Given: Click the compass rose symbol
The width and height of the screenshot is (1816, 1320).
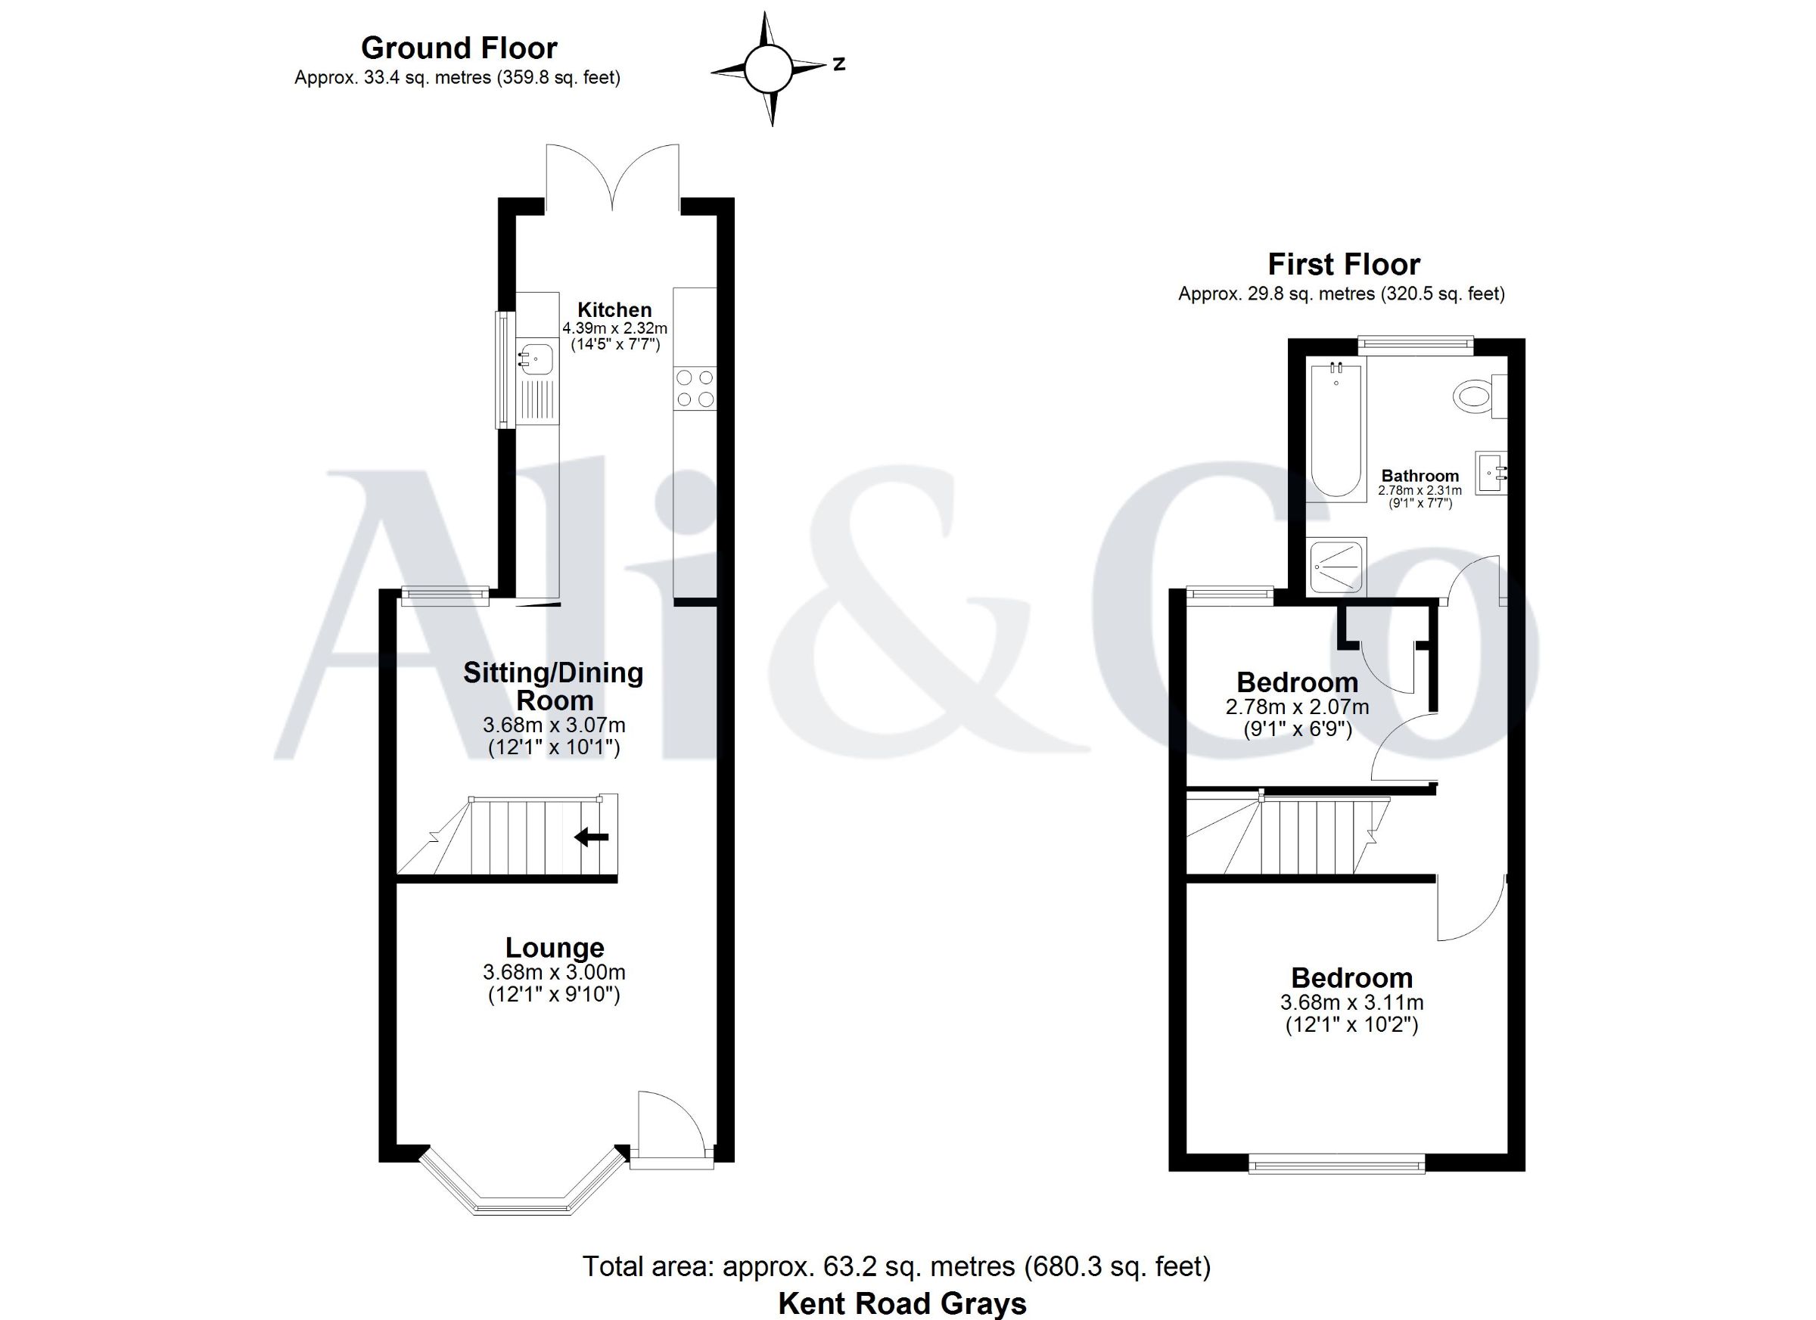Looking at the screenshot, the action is [769, 69].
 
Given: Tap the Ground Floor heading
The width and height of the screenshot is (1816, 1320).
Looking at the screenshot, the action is [459, 48].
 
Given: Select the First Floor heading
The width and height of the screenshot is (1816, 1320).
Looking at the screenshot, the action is [1344, 264].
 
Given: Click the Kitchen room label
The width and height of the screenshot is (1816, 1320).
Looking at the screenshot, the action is [615, 310].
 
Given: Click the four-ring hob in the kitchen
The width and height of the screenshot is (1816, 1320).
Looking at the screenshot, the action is [695, 388].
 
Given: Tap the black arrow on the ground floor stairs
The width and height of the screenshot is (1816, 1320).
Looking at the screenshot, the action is [592, 837].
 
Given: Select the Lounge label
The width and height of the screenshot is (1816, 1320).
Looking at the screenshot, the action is [554, 948].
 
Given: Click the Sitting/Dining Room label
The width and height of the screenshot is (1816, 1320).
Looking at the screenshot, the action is [553, 686].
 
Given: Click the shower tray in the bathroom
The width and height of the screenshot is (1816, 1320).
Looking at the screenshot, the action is [1336, 566].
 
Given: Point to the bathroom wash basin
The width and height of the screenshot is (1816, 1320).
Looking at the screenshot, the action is [1491, 473].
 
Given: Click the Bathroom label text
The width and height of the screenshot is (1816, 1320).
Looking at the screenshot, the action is [1420, 476].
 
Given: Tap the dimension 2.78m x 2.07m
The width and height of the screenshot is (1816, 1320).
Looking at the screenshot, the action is [1297, 707].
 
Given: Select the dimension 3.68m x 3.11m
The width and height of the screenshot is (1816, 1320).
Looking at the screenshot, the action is [1351, 1002].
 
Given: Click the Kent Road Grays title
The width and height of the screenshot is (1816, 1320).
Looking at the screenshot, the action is [902, 1303].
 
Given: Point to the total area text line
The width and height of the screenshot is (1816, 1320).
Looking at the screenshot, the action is [896, 1266].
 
